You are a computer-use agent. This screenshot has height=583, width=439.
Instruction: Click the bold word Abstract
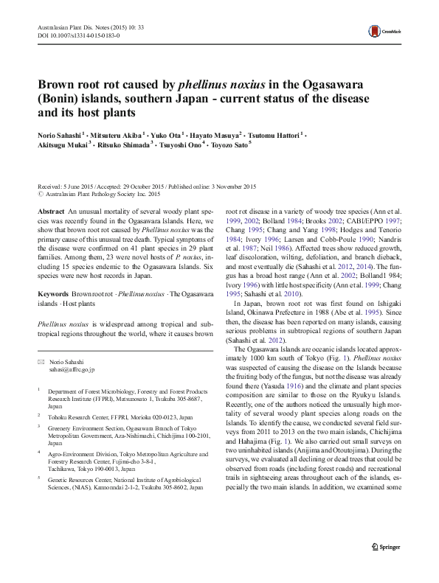[50, 211]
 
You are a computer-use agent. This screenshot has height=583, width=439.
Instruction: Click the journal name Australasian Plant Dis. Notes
[69, 27]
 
